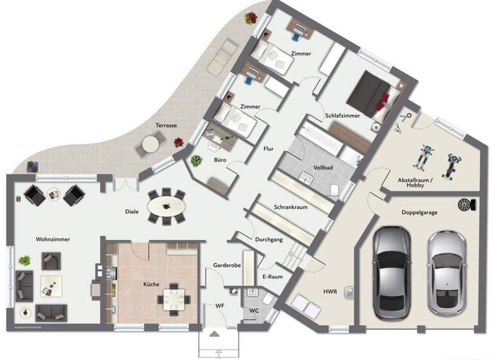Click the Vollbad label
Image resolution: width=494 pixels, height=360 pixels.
click(322, 168)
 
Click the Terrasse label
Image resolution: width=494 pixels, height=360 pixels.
click(166, 125)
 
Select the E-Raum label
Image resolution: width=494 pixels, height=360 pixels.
click(273, 276)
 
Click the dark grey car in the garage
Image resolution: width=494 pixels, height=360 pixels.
click(391, 268)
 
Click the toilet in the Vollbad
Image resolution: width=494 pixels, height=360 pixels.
click(333, 188)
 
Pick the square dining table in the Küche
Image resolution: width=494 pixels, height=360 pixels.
click(174, 298)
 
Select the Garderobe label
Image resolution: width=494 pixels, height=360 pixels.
click(227, 265)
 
